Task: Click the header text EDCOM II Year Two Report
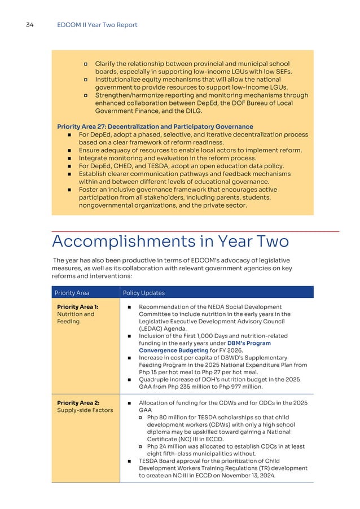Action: pos(97,25)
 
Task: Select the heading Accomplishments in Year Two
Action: pos(170,242)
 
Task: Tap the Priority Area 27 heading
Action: pos(155,126)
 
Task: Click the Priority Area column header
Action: pos(72,293)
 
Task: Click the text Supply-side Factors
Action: pos(81,410)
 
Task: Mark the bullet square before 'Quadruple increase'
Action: pos(129,379)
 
